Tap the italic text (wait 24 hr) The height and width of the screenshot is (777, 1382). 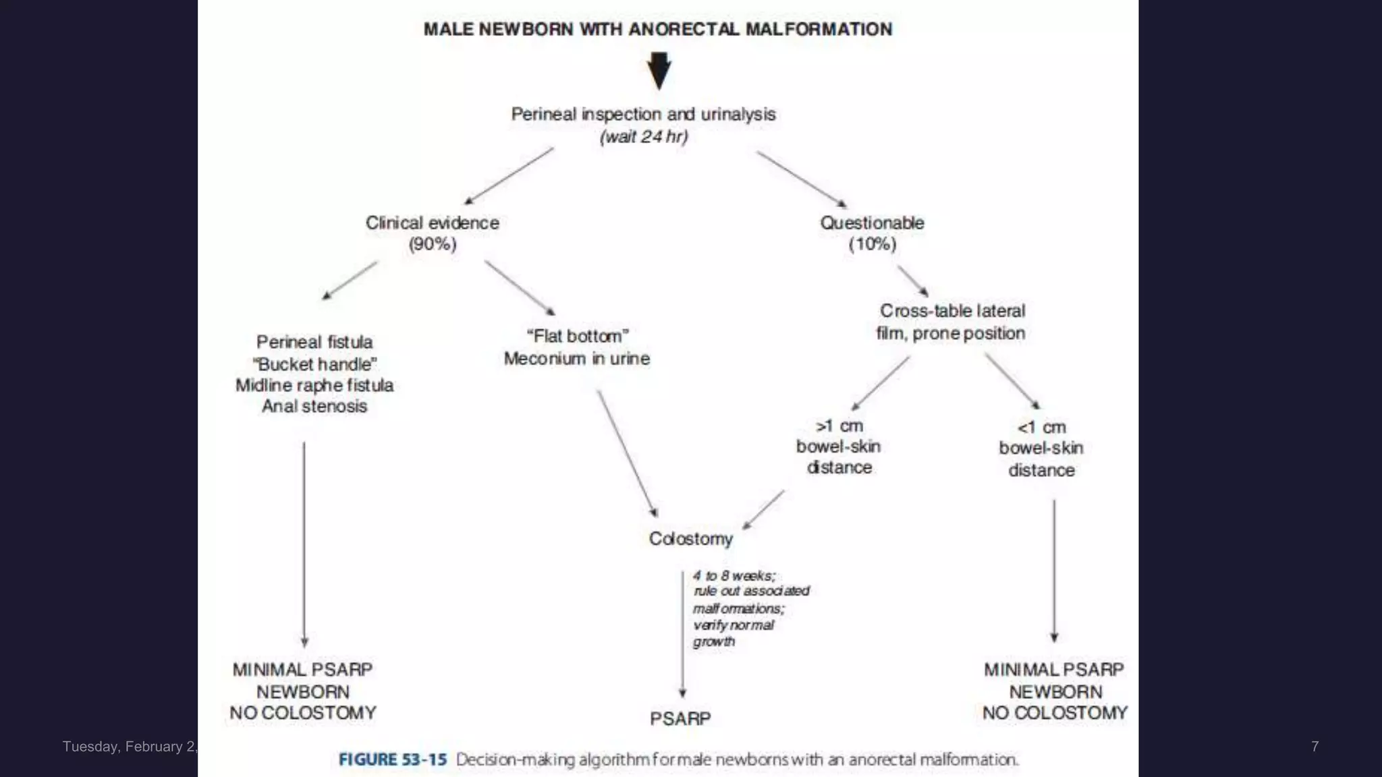[644, 137]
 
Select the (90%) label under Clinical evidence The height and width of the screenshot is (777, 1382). [433, 244]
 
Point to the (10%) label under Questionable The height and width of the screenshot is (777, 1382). [872, 244]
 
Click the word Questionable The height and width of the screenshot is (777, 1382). [872, 223]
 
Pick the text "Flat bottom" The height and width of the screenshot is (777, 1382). [577, 336]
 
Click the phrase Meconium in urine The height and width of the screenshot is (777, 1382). [577, 359]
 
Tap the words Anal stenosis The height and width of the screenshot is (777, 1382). [314, 407]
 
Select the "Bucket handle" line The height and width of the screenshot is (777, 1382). [314, 365]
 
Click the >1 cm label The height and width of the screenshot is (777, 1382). [839, 426]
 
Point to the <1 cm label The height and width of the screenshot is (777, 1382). [1041, 428]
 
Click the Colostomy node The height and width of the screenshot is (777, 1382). [690, 539]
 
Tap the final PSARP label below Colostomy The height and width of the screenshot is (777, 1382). [680, 719]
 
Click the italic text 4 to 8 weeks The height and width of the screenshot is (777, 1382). [734, 576]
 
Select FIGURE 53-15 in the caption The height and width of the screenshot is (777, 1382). [393, 759]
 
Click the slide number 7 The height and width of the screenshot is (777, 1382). [1315, 746]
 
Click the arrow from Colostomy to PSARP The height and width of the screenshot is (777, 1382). [682, 634]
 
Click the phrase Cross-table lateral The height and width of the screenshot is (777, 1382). [951, 311]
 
